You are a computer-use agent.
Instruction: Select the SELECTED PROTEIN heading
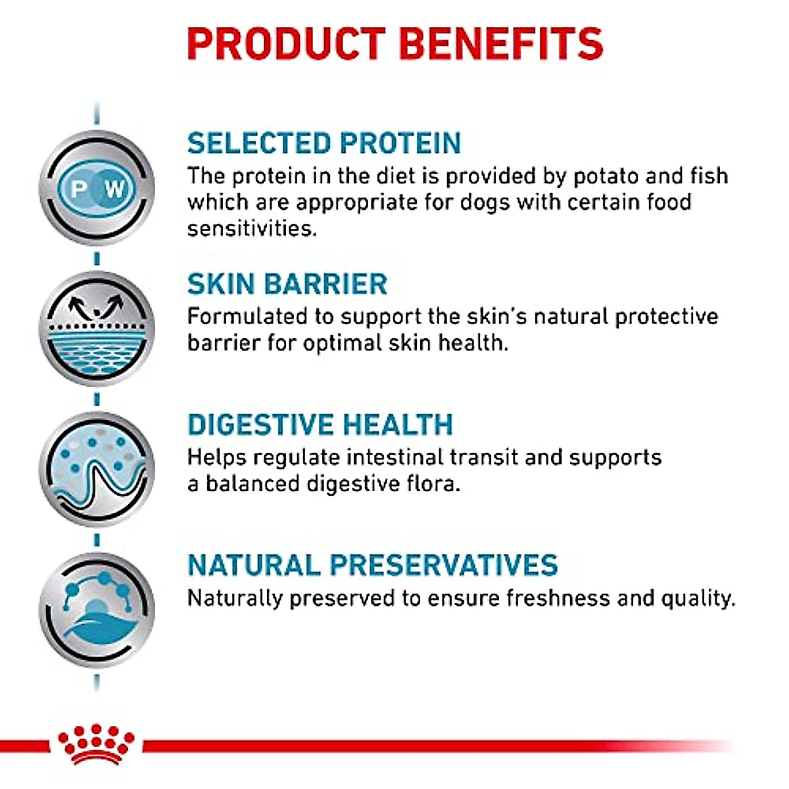coord(324,143)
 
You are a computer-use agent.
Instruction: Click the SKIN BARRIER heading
coord(287,284)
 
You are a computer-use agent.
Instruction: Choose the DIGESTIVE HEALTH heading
coord(320,425)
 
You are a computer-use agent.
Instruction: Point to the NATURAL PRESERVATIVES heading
coord(372,565)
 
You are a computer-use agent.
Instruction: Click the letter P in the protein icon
coord(78,189)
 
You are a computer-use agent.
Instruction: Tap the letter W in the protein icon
coord(114,189)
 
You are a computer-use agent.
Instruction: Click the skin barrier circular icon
coord(97,329)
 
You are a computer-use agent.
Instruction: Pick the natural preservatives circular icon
coord(97,610)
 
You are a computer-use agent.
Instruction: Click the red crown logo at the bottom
coord(96,743)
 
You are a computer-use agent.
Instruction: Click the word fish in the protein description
coord(709,176)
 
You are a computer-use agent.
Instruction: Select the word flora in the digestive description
coord(431,484)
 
